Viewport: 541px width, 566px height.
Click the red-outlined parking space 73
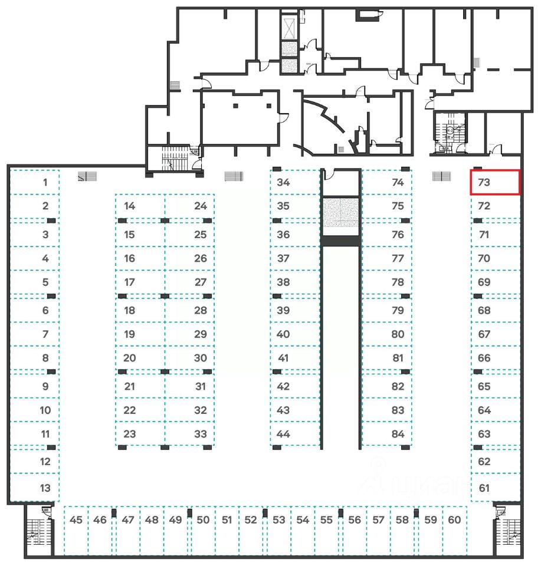coord(494,182)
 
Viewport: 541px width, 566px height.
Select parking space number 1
coord(35,182)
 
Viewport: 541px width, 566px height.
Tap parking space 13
coord(35,488)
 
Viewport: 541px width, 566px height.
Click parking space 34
coord(294,182)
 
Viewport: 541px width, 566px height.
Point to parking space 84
coord(386,435)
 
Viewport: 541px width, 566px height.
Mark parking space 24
coord(190,206)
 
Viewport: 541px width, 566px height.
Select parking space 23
coord(140,435)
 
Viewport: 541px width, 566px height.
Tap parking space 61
coord(494,488)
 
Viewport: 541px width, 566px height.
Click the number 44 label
coord(283,435)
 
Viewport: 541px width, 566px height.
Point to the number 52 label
coord(251,520)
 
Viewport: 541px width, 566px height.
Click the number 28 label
coord(201,310)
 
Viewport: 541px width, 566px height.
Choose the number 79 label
coord(398,310)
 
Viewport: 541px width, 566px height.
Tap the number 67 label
coord(484,334)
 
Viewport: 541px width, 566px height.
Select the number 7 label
coord(45,334)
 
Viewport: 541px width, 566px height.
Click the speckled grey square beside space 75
coord(340,213)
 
